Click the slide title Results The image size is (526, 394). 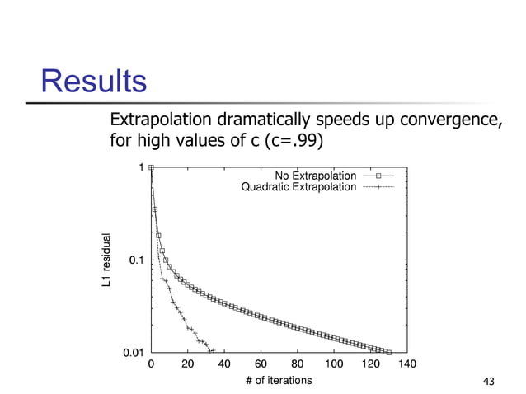click(x=94, y=82)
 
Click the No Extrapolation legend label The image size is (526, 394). click(x=316, y=176)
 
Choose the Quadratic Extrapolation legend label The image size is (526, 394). click(x=298, y=187)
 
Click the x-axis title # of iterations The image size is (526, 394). click(x=279, y=380)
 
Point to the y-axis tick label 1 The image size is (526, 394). click(x=141, y=167)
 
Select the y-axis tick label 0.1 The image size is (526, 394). click(x=136, y=260)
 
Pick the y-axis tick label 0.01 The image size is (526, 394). click(x=133, y=354)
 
